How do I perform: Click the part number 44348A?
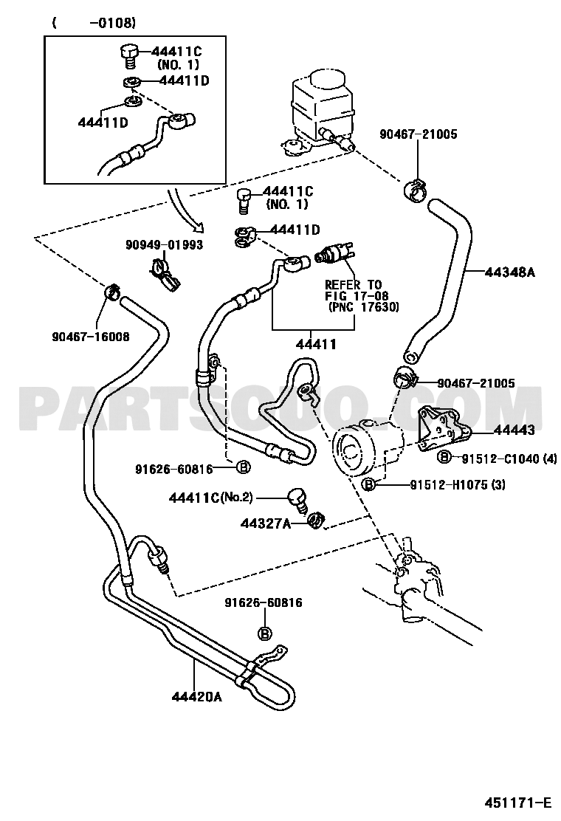(x=509, y=272)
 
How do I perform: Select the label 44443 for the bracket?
(x=514, y=430)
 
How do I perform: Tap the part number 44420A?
(x=197, y=698)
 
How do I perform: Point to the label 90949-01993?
(x=165, y=245)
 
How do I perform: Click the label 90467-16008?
(x=90, y=337)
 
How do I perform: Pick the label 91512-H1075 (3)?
(x=458, y=485)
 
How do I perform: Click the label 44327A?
(x=265, y=523)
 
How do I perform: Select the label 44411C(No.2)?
(x=210, y=498)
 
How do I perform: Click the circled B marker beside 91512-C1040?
(x=444, y=457)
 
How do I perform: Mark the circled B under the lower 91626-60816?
(x=265, y=633)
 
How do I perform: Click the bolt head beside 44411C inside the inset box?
(x=128, y=54)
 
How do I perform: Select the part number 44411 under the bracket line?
(x=316, y=345)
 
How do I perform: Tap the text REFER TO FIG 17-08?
(x=354, y=290)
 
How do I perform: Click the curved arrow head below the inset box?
(x=198, y=227)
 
